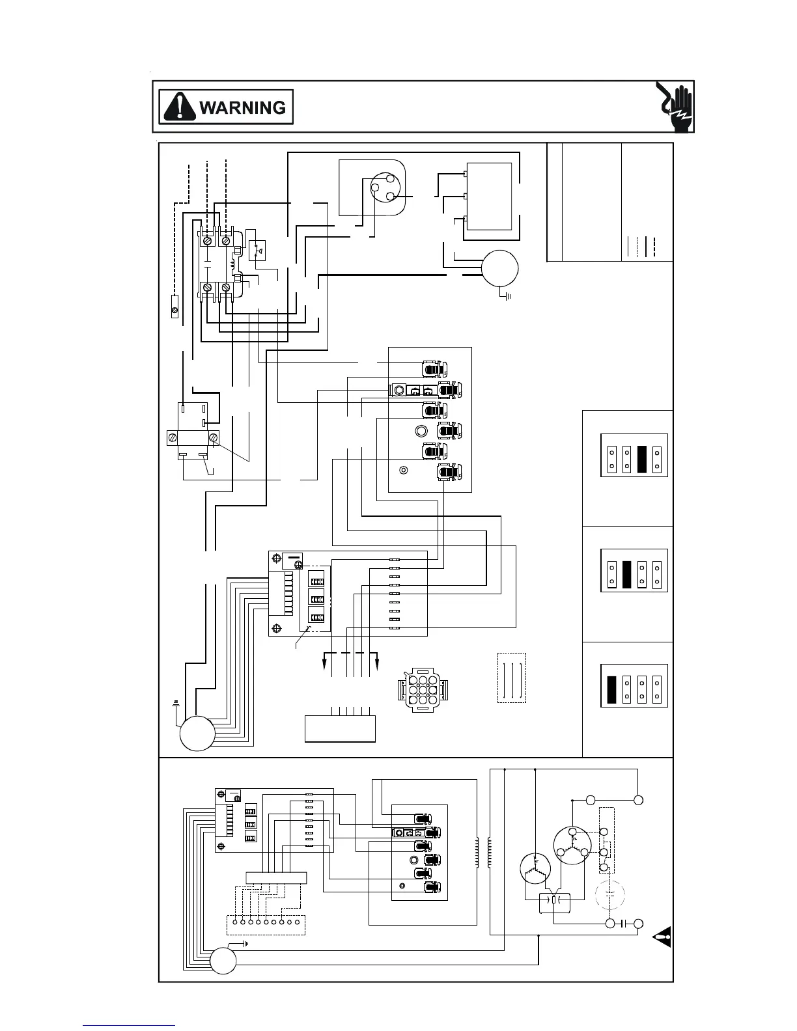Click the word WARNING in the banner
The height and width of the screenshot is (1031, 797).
pos(242,107)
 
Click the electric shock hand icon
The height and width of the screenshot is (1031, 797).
pos(675,107)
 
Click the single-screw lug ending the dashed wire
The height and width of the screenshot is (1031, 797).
pos(175,306)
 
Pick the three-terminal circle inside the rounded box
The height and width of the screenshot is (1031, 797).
pos(382,188)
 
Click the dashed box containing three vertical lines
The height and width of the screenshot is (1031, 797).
pos(511,678)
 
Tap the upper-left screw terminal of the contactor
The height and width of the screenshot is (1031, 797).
pos(208,241)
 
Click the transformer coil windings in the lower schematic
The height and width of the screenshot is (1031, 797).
pos(483,853)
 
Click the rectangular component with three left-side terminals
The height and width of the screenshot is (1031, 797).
pos(488,196)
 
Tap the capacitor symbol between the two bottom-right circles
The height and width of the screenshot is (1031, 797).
pos(624,923)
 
